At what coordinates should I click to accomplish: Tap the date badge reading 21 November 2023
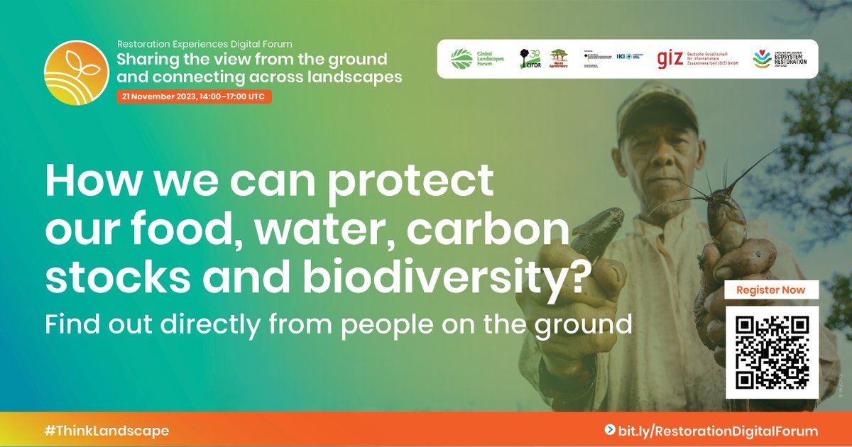click(194, 96)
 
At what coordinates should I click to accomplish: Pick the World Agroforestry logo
click(559, 58)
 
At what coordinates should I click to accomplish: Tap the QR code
click(772, 353)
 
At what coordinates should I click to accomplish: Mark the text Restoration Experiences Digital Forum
click(204, 44)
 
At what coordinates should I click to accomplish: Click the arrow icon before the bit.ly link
click(609, 431)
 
